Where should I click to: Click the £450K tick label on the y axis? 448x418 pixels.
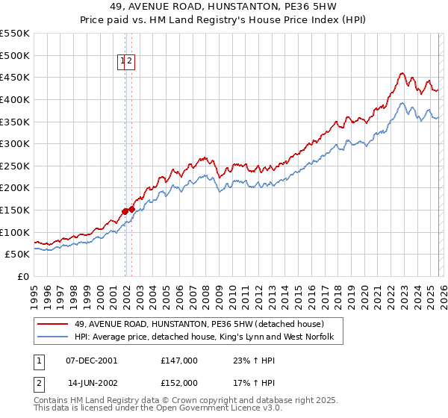coord(15,77)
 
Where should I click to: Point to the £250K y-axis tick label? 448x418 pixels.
coord(15,166)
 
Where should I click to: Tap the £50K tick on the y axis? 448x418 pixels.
coord(18,255)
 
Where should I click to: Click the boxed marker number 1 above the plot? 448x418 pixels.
coord(122,62)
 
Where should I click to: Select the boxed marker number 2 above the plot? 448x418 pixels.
coord(130,62)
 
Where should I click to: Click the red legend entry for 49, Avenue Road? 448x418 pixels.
coord(199,324)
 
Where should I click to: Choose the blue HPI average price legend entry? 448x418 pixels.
coord(208,337)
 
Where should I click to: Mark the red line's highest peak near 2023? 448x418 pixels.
coord(402,73)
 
